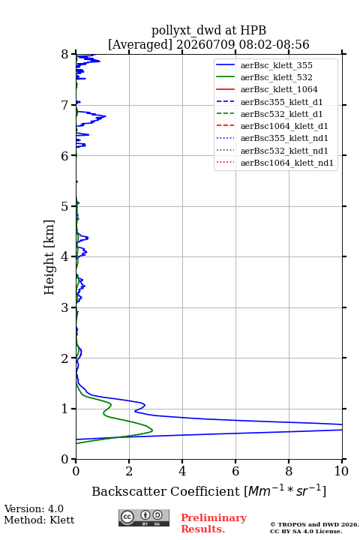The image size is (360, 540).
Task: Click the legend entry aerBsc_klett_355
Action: (276, 65)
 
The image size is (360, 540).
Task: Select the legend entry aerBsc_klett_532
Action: (276, 77)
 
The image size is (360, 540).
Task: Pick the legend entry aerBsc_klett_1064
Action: (279, 89)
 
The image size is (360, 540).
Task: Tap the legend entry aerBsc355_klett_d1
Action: (281, 102)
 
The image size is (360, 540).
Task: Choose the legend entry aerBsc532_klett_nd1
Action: (284, 151)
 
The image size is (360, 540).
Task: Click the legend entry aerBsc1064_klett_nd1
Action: (287, 163)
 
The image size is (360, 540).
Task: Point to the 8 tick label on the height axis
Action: (64, 55)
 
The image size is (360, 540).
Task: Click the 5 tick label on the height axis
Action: (64, 207)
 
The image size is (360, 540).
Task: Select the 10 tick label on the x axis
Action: (341, 471)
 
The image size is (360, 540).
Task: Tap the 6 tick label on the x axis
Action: (235, 471)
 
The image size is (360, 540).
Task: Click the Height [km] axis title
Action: (49, 257)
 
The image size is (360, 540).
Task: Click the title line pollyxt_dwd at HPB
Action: (208, 30)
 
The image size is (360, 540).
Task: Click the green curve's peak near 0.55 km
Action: (152, 430)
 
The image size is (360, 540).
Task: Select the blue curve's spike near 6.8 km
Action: (106, 116)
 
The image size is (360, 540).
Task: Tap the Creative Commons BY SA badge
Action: (144, 517)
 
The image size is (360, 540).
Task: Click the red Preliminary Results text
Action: (214, 523)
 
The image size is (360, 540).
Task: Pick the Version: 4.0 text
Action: (34, 508)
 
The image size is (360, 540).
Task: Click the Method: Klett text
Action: (39, 520)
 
